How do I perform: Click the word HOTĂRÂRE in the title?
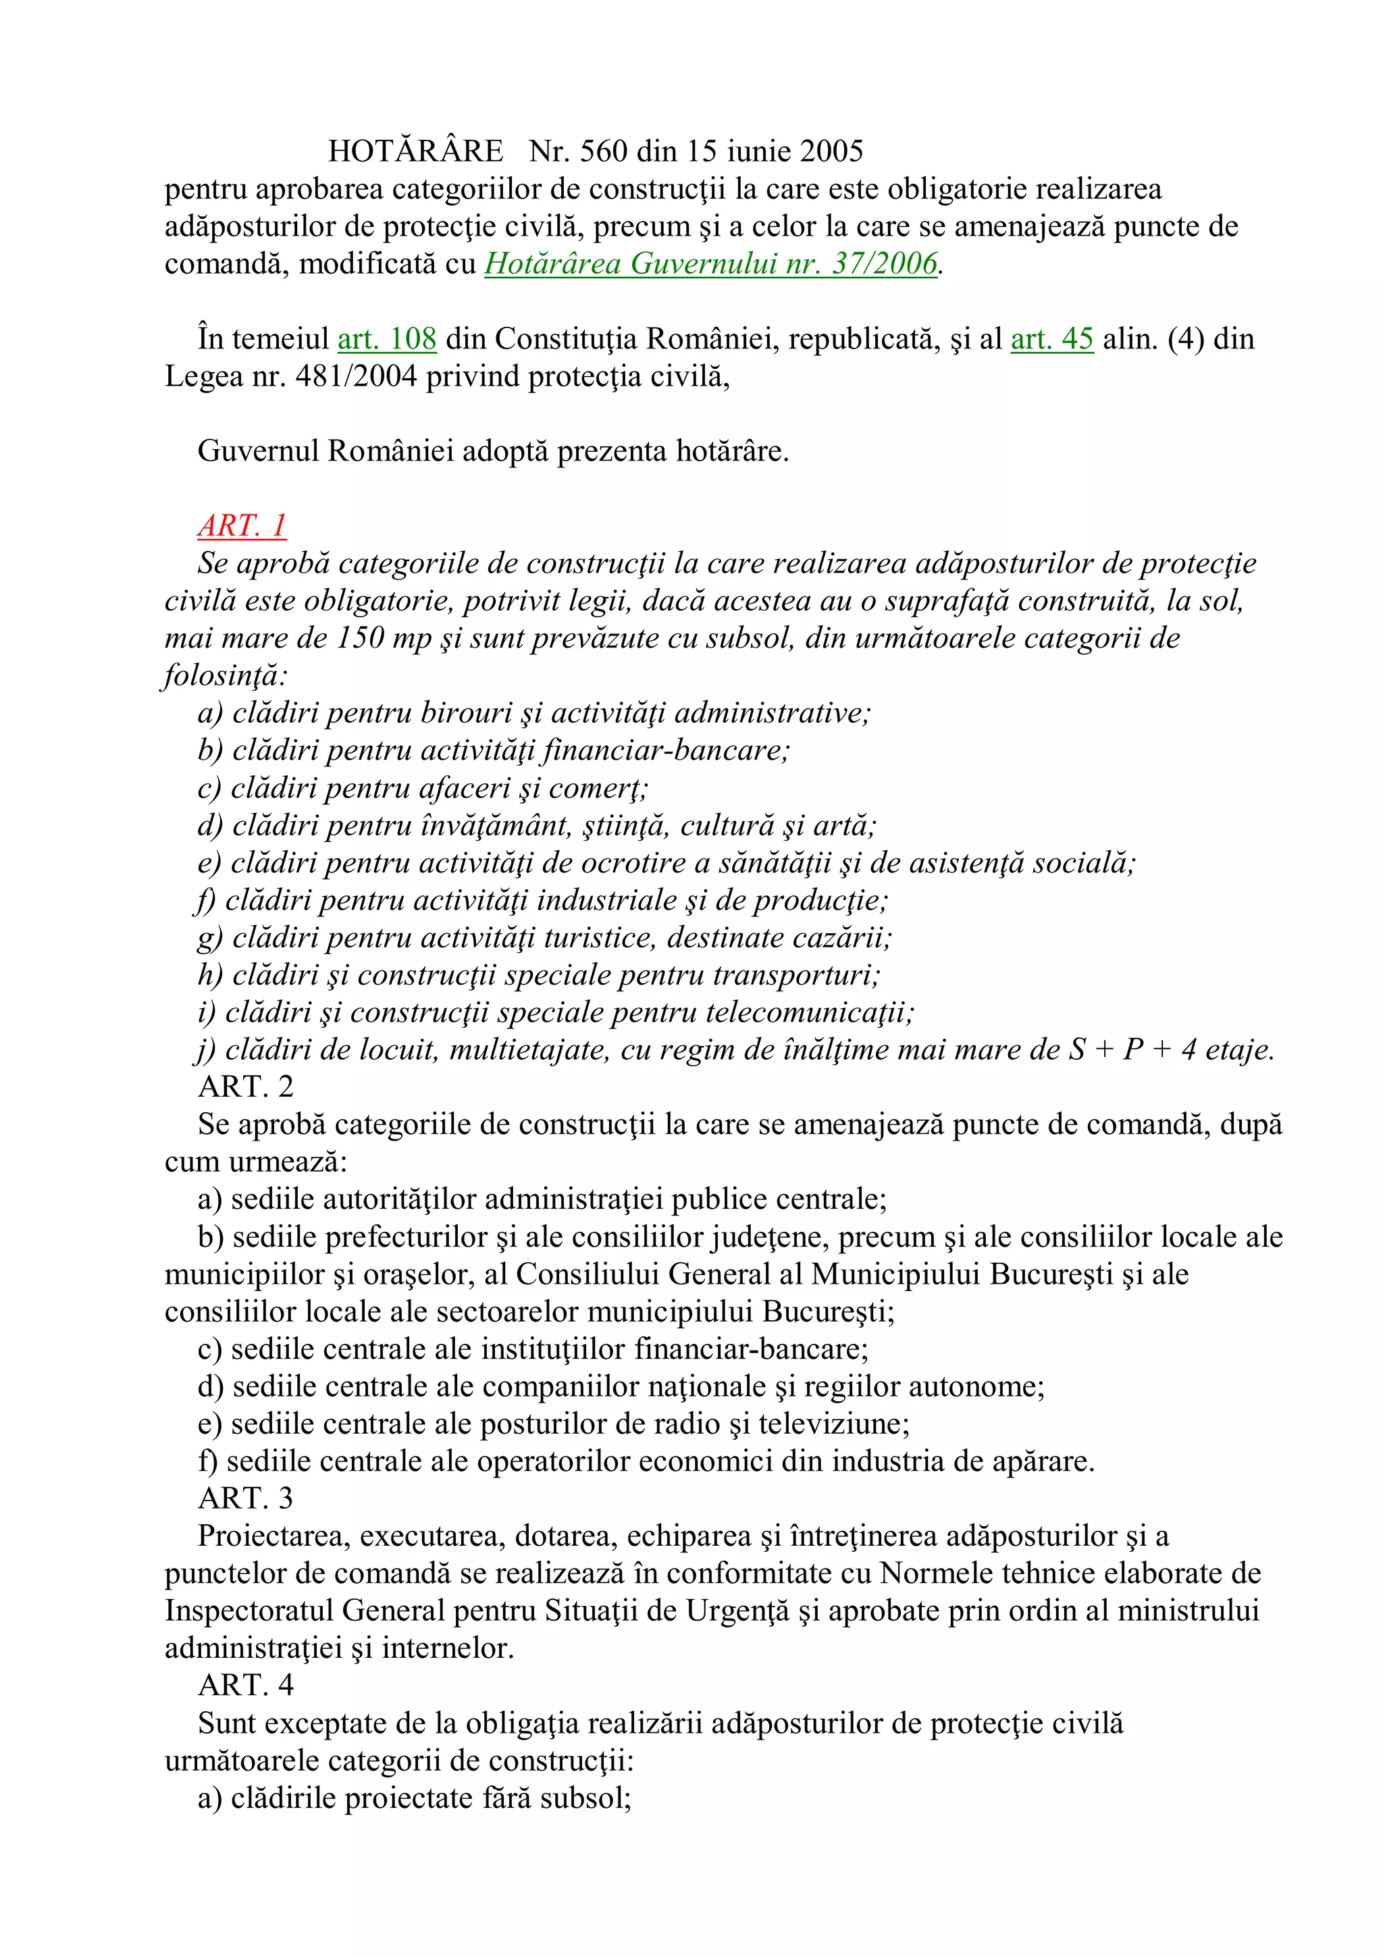pos(416,152)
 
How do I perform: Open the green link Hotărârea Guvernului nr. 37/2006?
pos(710,264)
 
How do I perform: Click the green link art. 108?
pos(387,339)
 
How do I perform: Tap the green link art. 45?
pos(1051,339)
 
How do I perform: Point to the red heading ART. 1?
pos(242,526)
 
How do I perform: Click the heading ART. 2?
pos(245,1087)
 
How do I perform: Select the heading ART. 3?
pos(245,1498)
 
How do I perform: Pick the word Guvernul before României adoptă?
pos(258,451)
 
